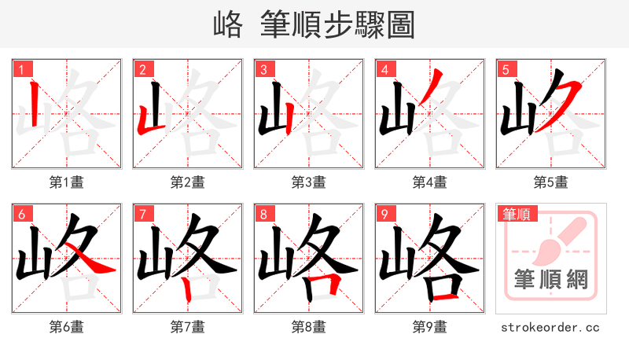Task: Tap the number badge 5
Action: tap(505, 69)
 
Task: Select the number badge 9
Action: tap(384, 213)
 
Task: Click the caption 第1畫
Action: tap(67, 182)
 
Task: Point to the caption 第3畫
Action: tap(309, 182)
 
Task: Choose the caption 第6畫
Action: tap(67, 326)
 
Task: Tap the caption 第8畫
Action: tap(309, 326)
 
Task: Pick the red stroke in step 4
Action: tap(435, 80)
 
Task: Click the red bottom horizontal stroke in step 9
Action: tap(444, 297)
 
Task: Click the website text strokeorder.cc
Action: tap(550, 326)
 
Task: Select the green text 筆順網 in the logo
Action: tap(550, 279)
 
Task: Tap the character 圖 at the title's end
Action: tap(400, 25)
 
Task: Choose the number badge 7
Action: tap(142, 213)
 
